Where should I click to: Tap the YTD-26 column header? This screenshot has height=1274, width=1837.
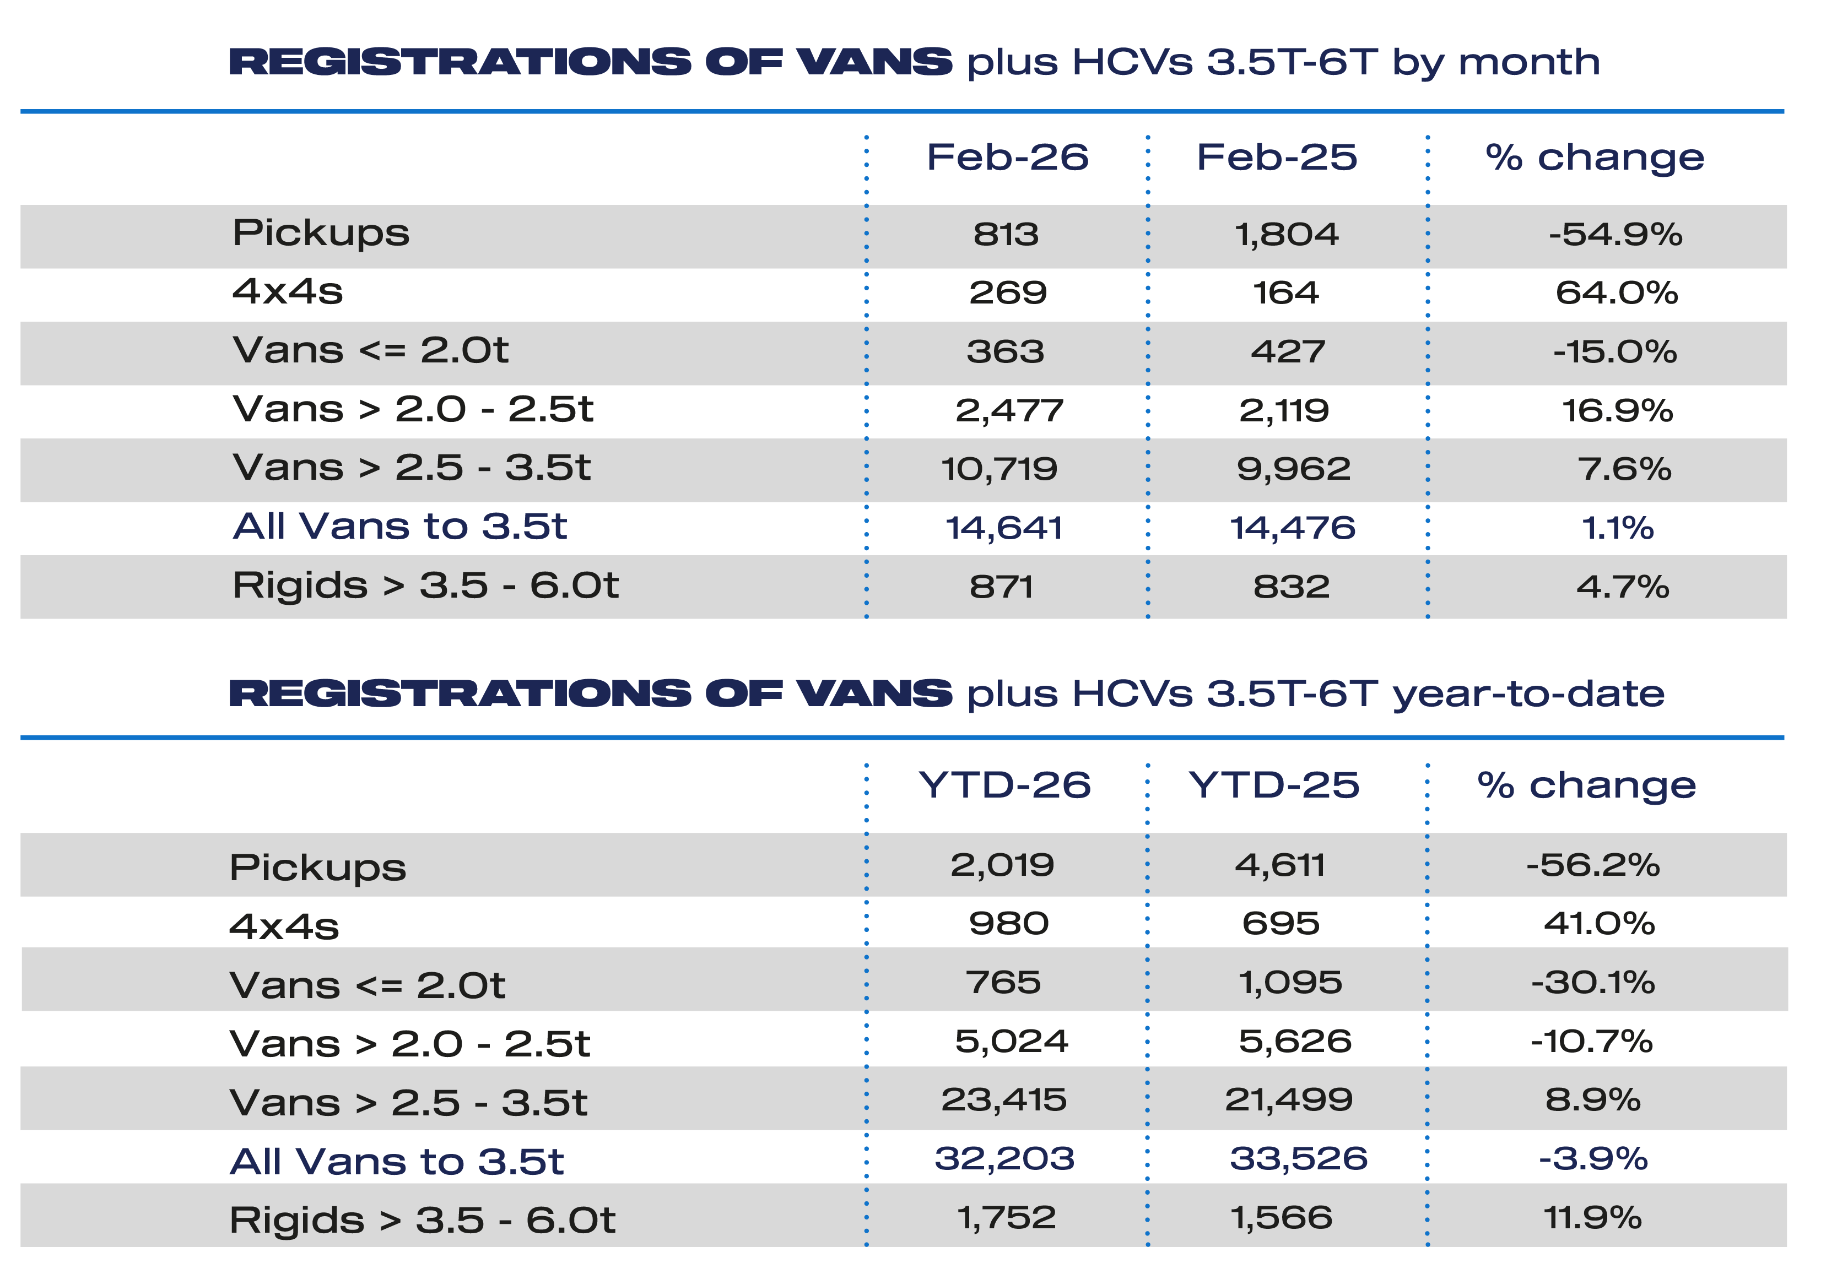click(x=1004, y=785)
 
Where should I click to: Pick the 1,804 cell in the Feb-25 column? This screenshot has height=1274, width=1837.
click(x=1286, y=235)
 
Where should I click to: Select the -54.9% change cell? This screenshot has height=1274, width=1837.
click(x=1615, y=235)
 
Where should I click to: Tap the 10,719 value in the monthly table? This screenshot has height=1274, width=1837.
click(x=999, y=469)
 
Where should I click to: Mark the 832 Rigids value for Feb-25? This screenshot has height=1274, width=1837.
click(x=1291, y=587)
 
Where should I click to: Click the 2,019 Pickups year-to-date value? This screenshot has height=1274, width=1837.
click(x=1002, y=865)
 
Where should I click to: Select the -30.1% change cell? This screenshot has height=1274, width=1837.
click(x=1593, y=982)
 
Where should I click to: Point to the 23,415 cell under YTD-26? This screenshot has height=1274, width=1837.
click(x=1003, y=1099)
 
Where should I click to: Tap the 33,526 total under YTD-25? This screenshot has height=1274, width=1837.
click(x=1298, y=1158)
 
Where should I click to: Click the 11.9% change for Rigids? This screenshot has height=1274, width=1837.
click(x=1593, y=1217)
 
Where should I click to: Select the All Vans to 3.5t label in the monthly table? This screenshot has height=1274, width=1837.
click(x=399, y=526)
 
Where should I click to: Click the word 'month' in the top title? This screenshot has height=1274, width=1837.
click(x=1529, y=62)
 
